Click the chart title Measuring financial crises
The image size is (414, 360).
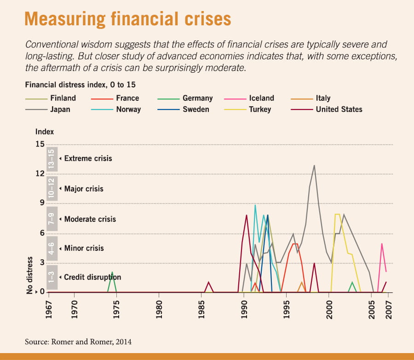pos(127,19)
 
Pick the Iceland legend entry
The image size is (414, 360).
pos(261,98)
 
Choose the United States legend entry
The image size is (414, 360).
pos(339,109)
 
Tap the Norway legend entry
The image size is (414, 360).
pos(128,109)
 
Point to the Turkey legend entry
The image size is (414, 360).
pos(260,109)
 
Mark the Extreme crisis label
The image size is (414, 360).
pos(88,158)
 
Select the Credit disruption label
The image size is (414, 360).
pos(92,277)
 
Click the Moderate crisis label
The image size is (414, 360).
pos(90,219)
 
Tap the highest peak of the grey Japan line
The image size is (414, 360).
pos(314,165)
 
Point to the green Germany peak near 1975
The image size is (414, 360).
pos(112,273)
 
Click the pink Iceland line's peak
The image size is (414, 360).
pos(381,244)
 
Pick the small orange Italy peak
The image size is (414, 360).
pos(302,282)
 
